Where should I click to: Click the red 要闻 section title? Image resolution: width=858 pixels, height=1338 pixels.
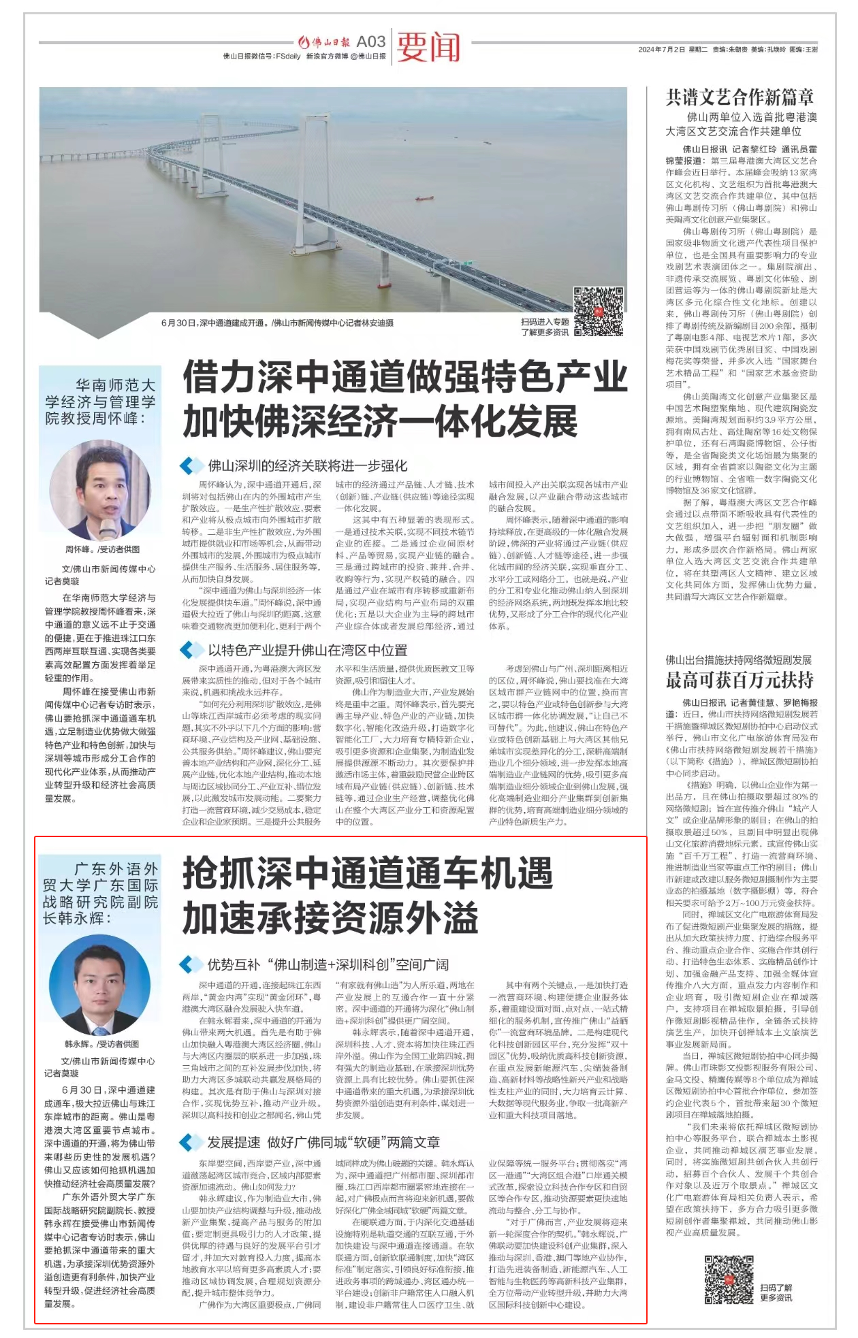coord(428,46)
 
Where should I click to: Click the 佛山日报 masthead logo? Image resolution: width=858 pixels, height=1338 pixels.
coord(325,42)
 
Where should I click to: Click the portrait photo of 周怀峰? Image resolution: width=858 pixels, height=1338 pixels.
coord(100,489)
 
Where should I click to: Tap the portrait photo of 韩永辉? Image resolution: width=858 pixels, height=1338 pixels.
coord(100,984)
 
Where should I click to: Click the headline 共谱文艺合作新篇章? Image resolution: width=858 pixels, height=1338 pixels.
coord(740,97)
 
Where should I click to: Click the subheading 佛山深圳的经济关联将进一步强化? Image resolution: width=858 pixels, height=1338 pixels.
coord(307,466)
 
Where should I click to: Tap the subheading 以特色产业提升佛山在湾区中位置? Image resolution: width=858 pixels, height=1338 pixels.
coord(307,650)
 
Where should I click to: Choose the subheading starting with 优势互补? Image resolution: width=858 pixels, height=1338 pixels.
coord(328,964)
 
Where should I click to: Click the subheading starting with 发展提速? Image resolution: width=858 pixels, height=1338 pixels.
coord(323,1142)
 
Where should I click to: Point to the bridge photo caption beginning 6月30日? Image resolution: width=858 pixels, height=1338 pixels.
coord(277,323)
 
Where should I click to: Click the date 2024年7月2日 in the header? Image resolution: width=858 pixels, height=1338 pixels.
coord(661,50)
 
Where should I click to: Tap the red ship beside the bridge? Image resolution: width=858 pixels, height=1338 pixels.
coord(424,199)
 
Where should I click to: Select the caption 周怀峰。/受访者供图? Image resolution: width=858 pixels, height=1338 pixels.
coord(102,549)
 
